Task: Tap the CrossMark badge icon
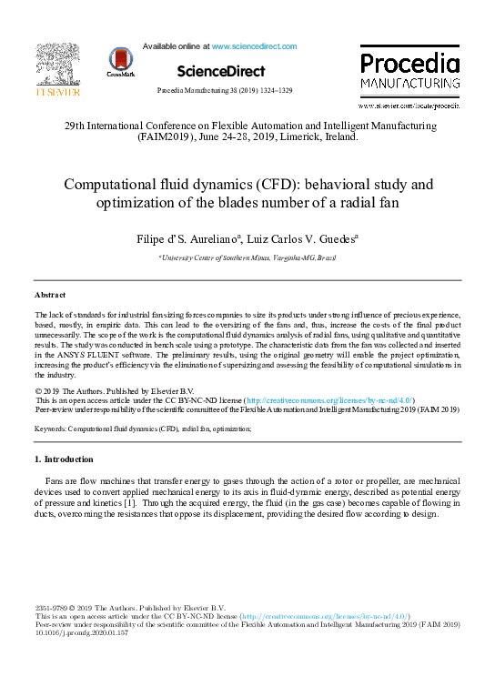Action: pyautogui.click(x=120, y=60)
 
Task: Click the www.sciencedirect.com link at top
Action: pyautogui.click(x=254, y=45)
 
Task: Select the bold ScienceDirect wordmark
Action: pyautogui.click(x=221, y=71)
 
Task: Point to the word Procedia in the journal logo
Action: pyautogui.click(x=409, y=64)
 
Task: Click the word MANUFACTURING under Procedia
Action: pyautogui.click(x=409, y=83)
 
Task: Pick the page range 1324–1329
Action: pyautogui.click(x=271, y=92)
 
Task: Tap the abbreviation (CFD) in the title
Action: pyautogui.click(x=258, y=184)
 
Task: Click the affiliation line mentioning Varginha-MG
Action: pyautogui.click(x=247, y=259)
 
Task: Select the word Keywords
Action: pyautogui.click(x=51, y=427)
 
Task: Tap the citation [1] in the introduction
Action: pyautogui.click(x=131, y=502)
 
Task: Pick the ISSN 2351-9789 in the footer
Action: pyautogui.click(x=54, y=608)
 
